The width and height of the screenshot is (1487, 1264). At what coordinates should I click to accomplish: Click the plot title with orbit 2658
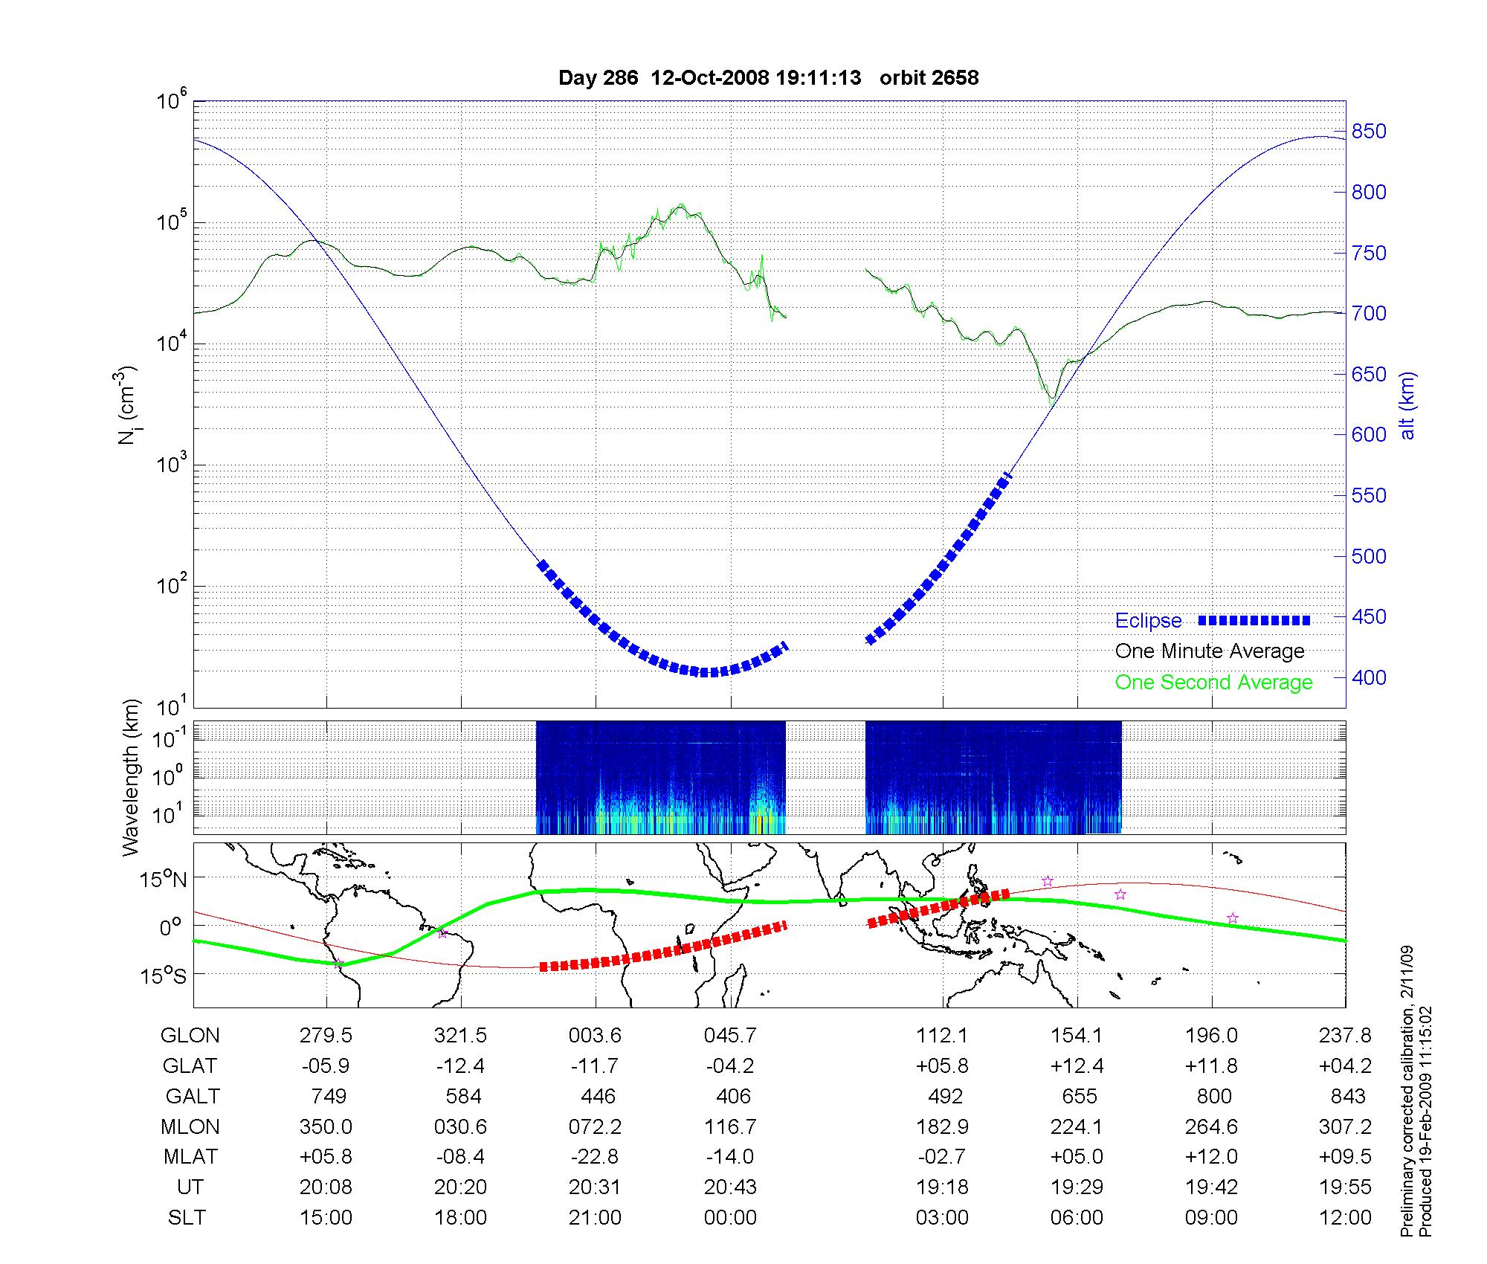tap(768, 77)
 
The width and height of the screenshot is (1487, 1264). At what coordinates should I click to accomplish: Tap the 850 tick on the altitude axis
tap(1369, 132)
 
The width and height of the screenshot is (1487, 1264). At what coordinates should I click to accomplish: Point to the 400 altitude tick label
tap(1369, 677)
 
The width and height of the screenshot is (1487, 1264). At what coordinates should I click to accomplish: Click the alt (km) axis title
tap(1407, 405)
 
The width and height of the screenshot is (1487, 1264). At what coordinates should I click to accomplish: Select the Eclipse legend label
tap(1148, 621)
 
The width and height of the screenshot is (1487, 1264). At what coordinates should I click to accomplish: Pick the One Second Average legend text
tap(1213, 683)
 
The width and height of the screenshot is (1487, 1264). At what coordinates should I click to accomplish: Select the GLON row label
tap(190, 1036)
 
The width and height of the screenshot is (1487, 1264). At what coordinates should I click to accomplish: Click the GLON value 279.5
tap(326, 1036)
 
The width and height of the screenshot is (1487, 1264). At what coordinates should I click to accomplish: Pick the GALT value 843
tap(1348, 1097)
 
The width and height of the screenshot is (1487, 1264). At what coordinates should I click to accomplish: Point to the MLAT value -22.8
tap(595, 1157)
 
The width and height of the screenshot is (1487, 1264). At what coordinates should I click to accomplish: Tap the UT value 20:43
tap(730, 1187)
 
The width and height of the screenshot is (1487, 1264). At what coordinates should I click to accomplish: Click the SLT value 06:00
tap(1077, 1218)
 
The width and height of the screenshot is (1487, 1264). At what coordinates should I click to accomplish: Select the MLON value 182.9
tap(942, 1127)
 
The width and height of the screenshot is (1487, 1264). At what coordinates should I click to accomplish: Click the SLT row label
tap(187, 1218)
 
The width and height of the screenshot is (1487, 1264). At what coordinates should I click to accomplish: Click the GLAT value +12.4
tap(1077, 1066)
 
